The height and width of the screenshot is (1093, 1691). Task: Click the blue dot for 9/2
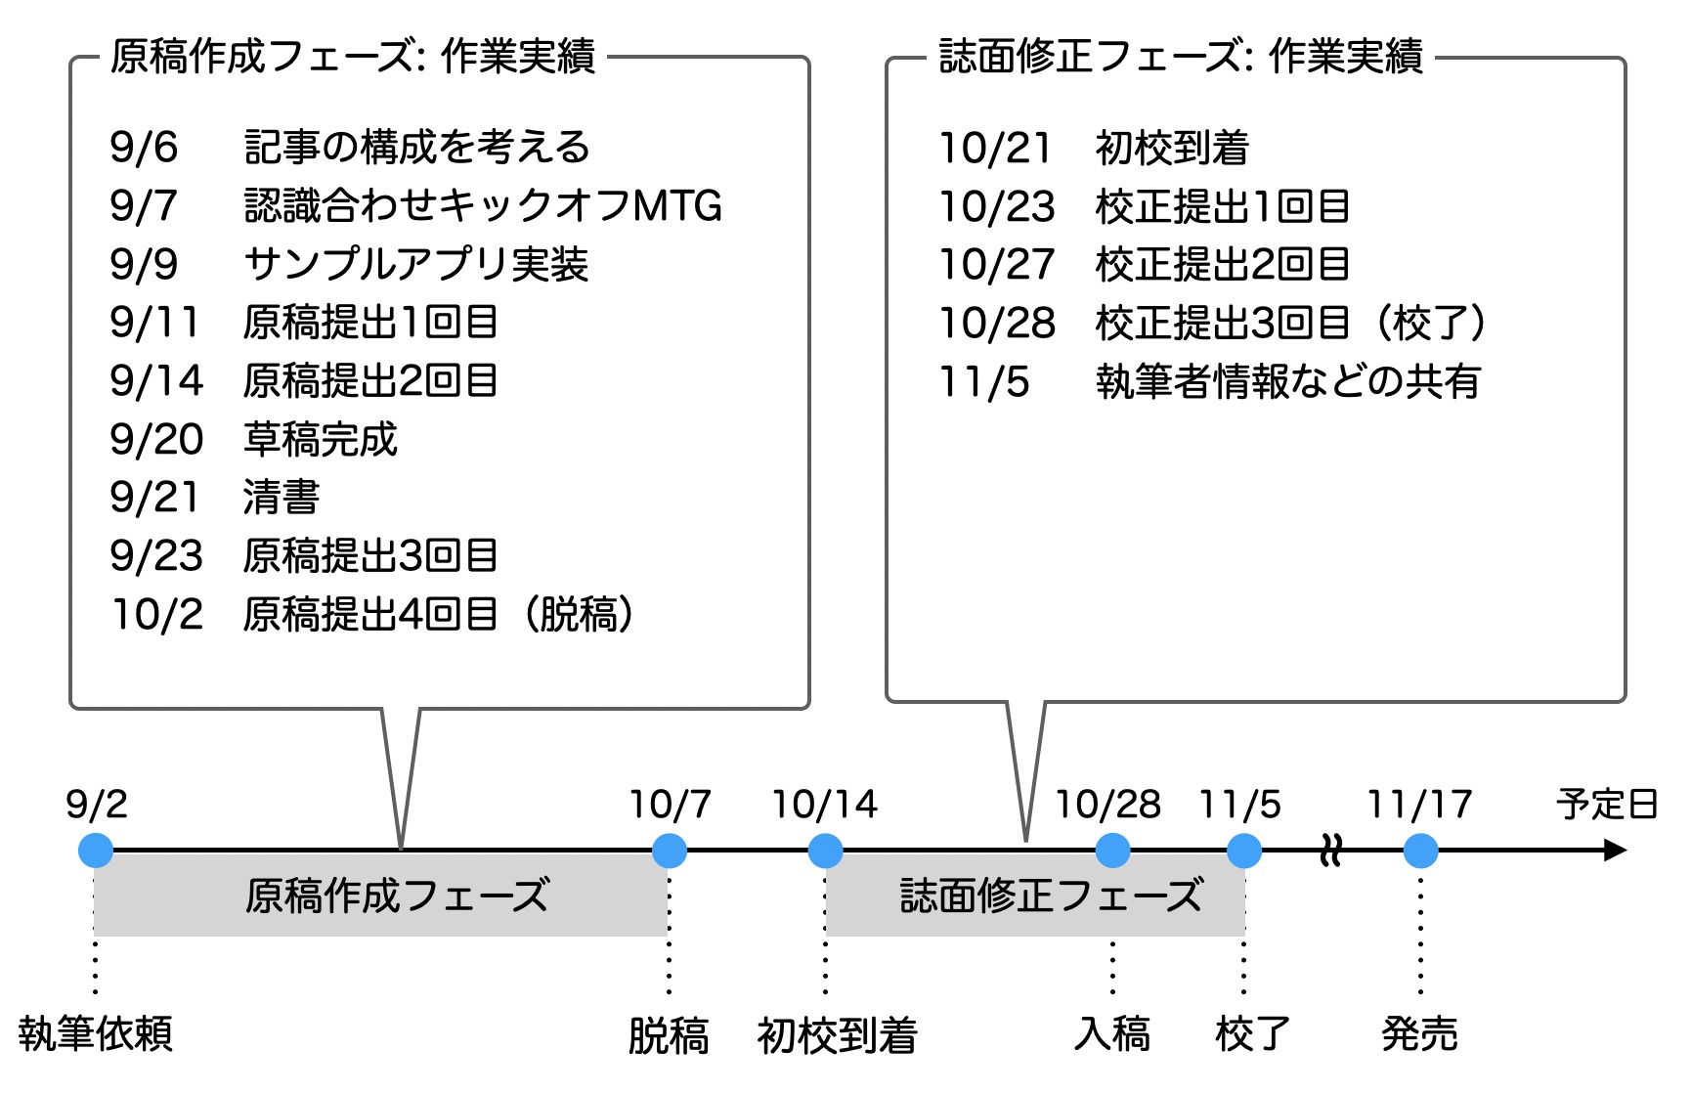click(x=96, y=851)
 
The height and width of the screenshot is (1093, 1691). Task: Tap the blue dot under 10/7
click(x=670, y=851)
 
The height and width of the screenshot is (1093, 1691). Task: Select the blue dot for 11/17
click(x=1420, y=851)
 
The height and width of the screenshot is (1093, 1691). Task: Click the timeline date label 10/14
click(x=824, y=805)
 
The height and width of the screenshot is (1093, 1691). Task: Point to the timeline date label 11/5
click(x=1239, y=805)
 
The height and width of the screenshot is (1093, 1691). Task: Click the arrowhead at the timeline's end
click(x=1614, y=851)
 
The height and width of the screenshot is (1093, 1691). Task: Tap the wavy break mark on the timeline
click(x=1330, y=851)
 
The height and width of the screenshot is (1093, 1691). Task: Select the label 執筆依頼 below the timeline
click(x=96, y=1033)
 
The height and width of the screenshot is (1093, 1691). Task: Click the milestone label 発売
click(x=1419, y=1033)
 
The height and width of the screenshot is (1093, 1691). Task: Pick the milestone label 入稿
click(x=1112, y=1033)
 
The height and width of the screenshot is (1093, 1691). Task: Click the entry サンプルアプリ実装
click(x=416, y=264)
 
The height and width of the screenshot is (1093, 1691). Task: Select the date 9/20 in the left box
click(x=156, y=439)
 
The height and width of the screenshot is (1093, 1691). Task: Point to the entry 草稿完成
click(x=321, y=439)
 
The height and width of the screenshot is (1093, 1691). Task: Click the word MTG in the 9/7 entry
click(x=677, y=206)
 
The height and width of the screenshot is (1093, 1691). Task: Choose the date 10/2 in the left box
click(x=157, y=614)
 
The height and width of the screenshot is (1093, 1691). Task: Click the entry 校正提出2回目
click(x=1222, y=264)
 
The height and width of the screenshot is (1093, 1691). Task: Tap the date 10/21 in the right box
click(x=994, y=149)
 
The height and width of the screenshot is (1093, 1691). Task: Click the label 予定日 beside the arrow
click(x=1607, y=805)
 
